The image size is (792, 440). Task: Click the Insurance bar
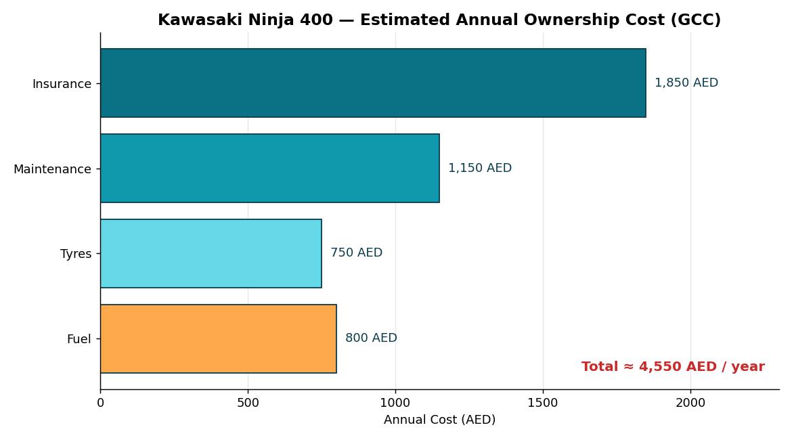pyautogui.click(x=373, y=83)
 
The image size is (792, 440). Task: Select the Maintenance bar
pyautogui.click(x=269, y=169)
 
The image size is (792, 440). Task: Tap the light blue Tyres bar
pyautogui.click(x=211, y=254)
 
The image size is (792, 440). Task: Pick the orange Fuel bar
pyautogui.click(x=218, y=338)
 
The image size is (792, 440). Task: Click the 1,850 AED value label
pyautogui.click(x=686, y=83)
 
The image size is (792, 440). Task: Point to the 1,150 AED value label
pyautogui.click(x=480, y=169)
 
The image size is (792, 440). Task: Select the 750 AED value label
pyautogui.click(x=357, y=252)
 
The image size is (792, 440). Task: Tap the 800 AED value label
pyautogui.click(x=371, y=338)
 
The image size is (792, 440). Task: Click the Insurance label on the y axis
pyautogui.click(x=62, y=84)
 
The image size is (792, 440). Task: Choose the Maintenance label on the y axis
pyautogui.click(x=53, y=169)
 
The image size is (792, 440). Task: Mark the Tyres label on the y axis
pyautogui.click(x=76, y=254)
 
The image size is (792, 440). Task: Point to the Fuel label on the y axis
pyautogui.click(x=79, y=339)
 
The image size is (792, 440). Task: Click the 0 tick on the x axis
pyautogui.click(x=100, y=403)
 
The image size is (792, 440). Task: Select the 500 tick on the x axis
pyautogui.click(x=248, y=403)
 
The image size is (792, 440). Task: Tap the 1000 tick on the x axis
pyautogui.click(x=395, y=403)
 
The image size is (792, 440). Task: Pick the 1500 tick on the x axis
pyautogui.click(x=543, y=403)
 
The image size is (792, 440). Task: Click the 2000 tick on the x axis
pyautogui.click(x=690, y=403)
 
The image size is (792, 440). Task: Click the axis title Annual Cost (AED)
pyautogui.click(x=439, y=420)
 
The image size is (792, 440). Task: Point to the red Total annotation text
pyautogui.click(x=673, y=367)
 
